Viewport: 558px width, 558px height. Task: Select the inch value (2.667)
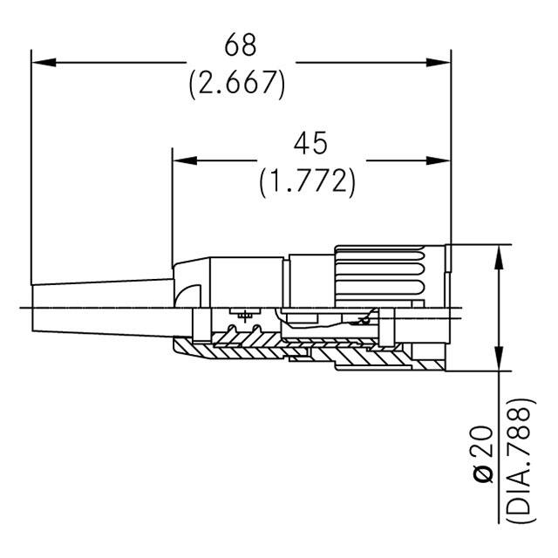(x=238, y=83)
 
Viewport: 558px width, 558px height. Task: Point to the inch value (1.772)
(x=308, y=180)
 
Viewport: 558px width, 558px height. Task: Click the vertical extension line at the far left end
(x=31, y=166)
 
